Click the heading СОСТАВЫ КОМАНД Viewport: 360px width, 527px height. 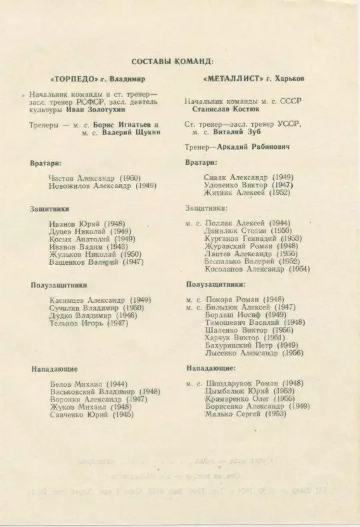[x=173, y=61]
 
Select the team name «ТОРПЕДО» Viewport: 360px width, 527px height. [x=72, y=78]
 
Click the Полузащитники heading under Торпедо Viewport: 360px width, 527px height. [x=59, y=285]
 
